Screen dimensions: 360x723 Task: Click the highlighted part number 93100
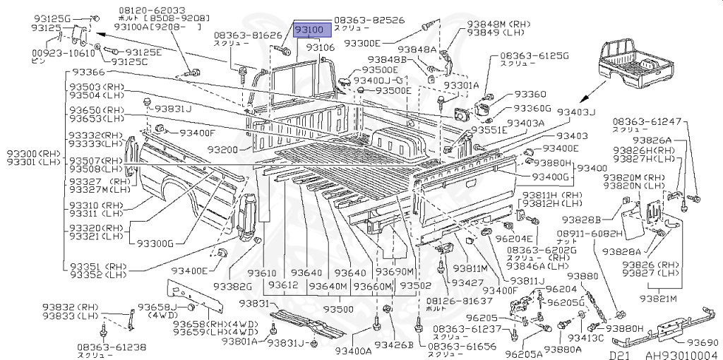pos(309,30)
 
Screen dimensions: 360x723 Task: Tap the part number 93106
pos(320,47)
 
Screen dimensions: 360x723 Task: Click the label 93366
pos(87,73)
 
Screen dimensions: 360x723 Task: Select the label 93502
pos(415,286)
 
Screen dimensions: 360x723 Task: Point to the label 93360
pos(530,94)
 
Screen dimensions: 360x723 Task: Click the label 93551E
pos(489,131)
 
